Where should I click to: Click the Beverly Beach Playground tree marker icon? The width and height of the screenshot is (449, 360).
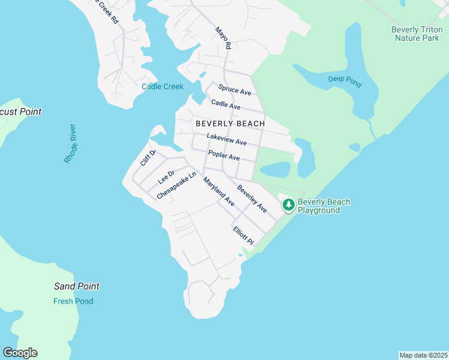pos(289,205)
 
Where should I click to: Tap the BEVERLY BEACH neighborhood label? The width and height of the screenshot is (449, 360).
pos(230,124)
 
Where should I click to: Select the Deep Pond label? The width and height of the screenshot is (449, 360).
pos(345,82)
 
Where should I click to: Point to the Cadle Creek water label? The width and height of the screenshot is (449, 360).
pos(162,86)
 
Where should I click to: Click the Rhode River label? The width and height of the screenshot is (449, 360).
pos(71,143)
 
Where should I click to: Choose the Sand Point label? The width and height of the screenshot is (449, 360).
pos(76,287)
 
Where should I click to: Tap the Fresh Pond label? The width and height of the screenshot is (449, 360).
pos(73,301)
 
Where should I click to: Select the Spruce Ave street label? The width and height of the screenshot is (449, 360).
pos(235,90)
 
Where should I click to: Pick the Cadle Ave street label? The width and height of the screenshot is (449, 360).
pos(226,106)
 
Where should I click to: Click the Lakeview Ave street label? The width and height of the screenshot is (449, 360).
pos(227,139)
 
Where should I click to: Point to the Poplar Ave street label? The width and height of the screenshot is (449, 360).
pos(224,156)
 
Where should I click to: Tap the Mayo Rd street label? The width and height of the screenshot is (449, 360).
pos(223,37)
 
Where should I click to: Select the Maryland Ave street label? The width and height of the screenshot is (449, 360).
pos(218,192)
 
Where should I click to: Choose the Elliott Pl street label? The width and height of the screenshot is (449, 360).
pos(244,235)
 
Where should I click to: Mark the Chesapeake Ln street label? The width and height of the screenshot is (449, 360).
pos(176,187)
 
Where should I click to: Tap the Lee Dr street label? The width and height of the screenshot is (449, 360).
pos(166,178)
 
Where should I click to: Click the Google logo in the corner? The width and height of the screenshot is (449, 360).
pos(20,353)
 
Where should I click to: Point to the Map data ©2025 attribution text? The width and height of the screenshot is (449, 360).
pos(423,355)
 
